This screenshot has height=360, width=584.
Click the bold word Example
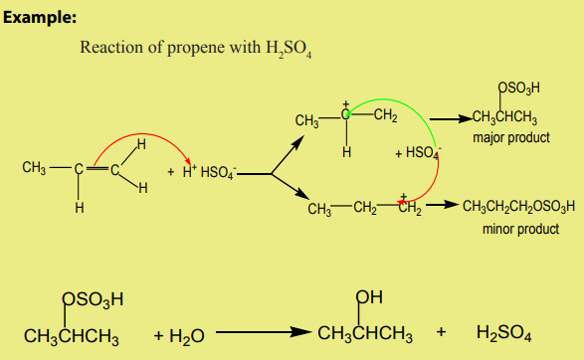tap(40, 18)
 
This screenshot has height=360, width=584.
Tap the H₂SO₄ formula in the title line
tap(289, 49)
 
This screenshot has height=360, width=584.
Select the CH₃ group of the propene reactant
tap(34, 167)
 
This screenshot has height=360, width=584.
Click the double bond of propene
tap(97, 169)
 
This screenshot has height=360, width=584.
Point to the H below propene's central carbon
tap(80, 208)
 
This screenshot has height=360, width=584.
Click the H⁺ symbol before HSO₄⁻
tap(190, 172)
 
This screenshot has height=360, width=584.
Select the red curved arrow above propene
tap(141, 138)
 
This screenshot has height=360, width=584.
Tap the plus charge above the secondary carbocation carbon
tap(346, 104)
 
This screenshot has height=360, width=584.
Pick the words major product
tap(511, 138)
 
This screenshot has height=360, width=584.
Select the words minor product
tap(520, 229)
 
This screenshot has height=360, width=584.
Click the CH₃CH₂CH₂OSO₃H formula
tap(518, 206)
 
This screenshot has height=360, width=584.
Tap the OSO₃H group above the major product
tap(518, 88)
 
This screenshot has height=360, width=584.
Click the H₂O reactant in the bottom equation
tap(187, 336)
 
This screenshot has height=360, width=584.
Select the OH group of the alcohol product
tap(369, 297)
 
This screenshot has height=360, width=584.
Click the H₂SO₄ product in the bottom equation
tap(503, 332)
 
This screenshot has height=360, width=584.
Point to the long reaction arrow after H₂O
tap(264, 332)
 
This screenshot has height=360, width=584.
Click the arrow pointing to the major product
tap(451, 119)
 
